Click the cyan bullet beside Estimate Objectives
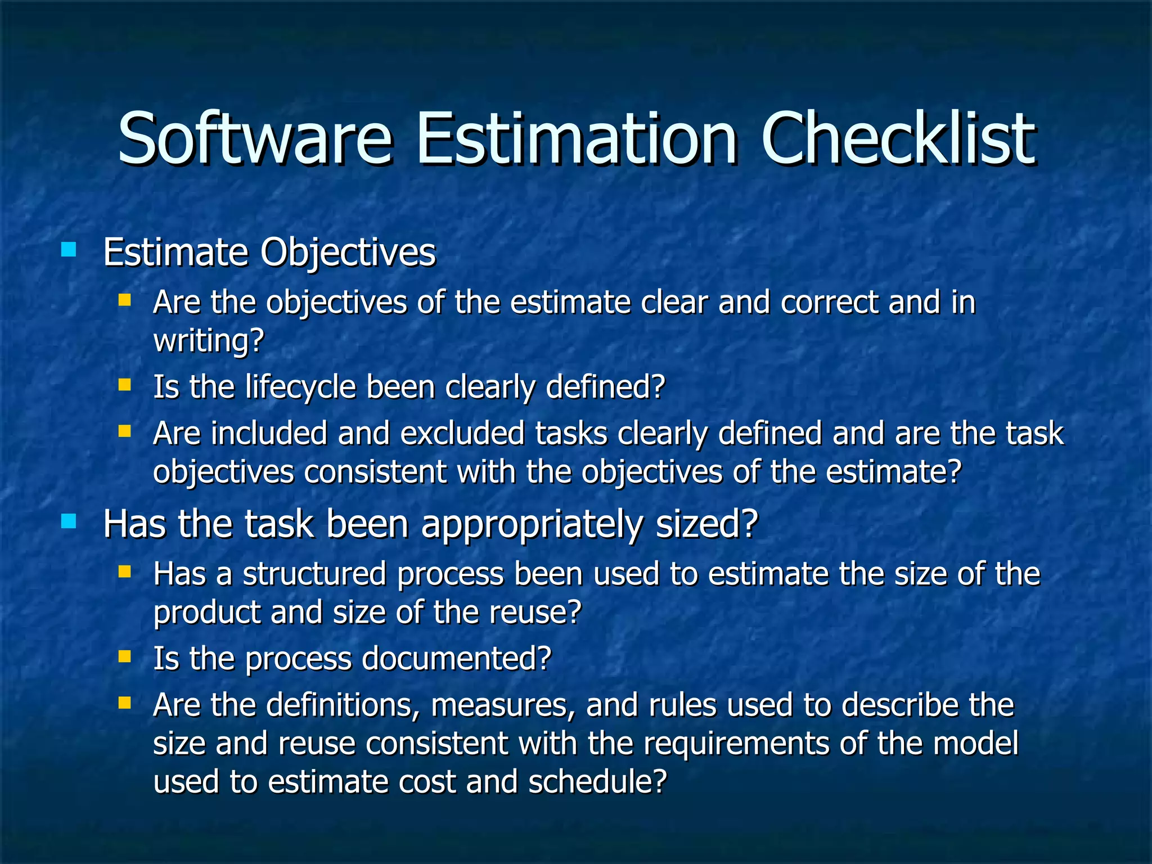(69, 249)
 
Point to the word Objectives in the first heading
(348, 253)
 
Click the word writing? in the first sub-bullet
(209, 340)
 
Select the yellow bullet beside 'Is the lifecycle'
(124, 385)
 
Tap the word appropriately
(532, 524)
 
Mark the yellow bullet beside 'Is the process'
(124, 656)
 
